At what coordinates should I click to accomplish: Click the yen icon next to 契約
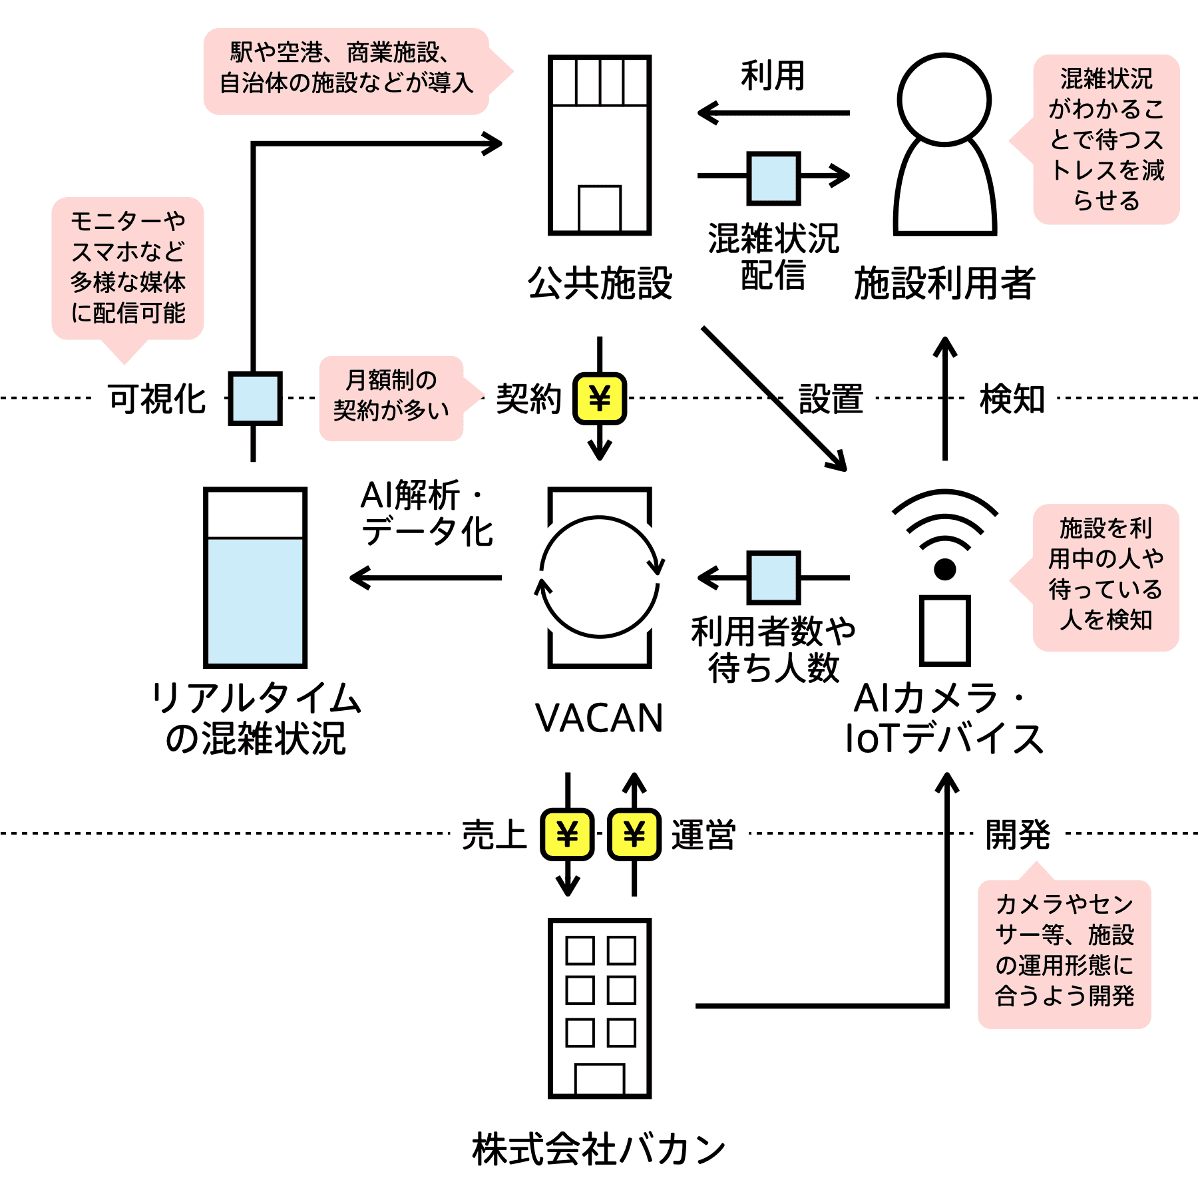point(600,399)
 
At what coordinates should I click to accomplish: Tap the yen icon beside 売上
point(567,834)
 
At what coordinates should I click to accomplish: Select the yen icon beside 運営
point(634,834)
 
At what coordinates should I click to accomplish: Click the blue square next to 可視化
point(255,398)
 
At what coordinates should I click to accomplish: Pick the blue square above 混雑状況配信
point(773,178)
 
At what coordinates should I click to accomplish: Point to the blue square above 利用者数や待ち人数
point(773,577)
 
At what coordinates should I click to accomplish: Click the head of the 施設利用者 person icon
point(944,100)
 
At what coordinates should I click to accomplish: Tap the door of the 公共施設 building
point(600,208)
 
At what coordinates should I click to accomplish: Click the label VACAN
point(599,718)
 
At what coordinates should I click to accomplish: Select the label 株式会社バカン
point(599,1149)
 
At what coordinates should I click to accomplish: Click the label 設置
point(831,399)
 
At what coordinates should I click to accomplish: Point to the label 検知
point(1012,399)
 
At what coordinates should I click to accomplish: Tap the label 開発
point(1018,834)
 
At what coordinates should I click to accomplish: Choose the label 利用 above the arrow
point(773,75)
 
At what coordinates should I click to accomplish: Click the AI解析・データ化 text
point(427,513)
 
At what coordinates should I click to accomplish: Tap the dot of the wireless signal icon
point(944,569)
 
